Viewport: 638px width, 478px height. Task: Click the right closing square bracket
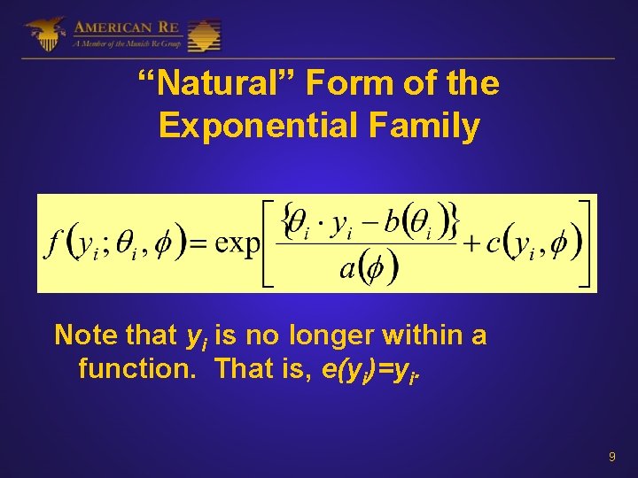pos(585,243)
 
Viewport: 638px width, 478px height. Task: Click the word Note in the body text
pos(85,335)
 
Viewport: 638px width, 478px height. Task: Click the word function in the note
pos(130,367)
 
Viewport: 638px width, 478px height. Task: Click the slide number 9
pos(611,457)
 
